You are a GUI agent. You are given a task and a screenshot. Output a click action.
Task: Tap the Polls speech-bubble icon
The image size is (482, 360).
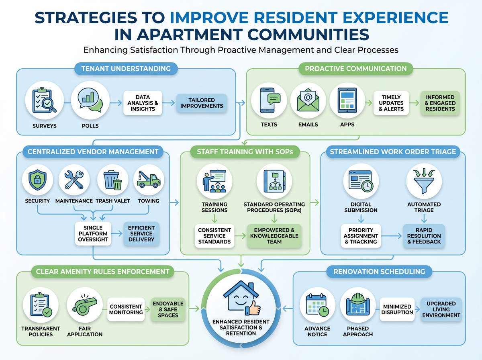click(x=87, y=100)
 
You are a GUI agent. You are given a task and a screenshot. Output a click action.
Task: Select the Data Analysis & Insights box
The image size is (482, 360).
click(x=143, y=103)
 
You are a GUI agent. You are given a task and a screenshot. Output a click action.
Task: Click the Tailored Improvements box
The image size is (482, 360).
click(x=202, y=103)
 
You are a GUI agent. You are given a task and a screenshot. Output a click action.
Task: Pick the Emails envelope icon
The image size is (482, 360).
click(x=308, y=100)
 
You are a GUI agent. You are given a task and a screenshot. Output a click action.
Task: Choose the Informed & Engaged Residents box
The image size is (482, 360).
click(x=440, y=103)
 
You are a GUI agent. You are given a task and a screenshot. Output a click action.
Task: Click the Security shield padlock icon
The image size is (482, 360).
click(x=37, y=180)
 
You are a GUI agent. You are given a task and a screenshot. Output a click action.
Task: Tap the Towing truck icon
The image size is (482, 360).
click(x=149, y=180)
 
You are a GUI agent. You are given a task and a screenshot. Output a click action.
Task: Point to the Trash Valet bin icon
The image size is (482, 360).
click(x=113, y=180)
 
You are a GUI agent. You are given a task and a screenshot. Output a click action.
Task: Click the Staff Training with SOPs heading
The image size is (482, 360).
click(x=245, y=151)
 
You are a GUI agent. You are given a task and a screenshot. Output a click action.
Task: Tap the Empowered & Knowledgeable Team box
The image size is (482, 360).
click(x=274, y=236)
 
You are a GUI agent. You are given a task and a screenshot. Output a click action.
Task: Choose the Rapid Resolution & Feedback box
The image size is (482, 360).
click(x=424, y=236)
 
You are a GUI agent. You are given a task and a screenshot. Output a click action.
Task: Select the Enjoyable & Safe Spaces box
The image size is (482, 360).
click(x=168, y=309)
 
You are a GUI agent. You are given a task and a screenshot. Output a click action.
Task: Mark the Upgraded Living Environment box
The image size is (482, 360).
click(x=441, y=309)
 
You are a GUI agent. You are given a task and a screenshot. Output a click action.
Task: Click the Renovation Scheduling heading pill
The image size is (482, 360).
click(x=380, y=272)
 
